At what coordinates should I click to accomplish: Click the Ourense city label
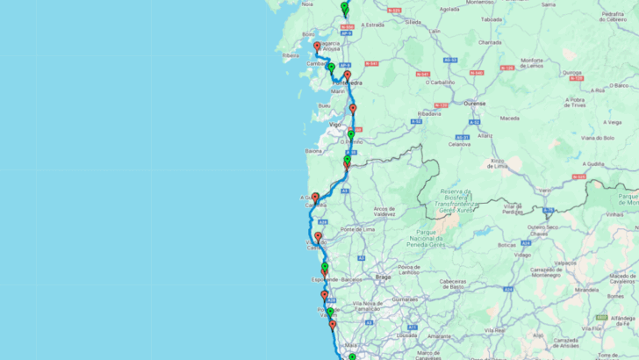(x=450, y=101)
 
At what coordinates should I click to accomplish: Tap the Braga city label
(x=382, y=275)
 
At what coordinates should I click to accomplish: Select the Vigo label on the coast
(x=334, y=125)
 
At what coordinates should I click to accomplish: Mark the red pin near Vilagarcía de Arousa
(x=317, y=46)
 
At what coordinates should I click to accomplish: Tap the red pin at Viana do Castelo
(x=318, y=237)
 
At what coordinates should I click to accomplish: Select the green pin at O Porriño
(x=350, y=134)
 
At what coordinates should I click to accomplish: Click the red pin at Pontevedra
(x=348, y=76)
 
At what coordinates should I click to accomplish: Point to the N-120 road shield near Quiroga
(x=506, y=67)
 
